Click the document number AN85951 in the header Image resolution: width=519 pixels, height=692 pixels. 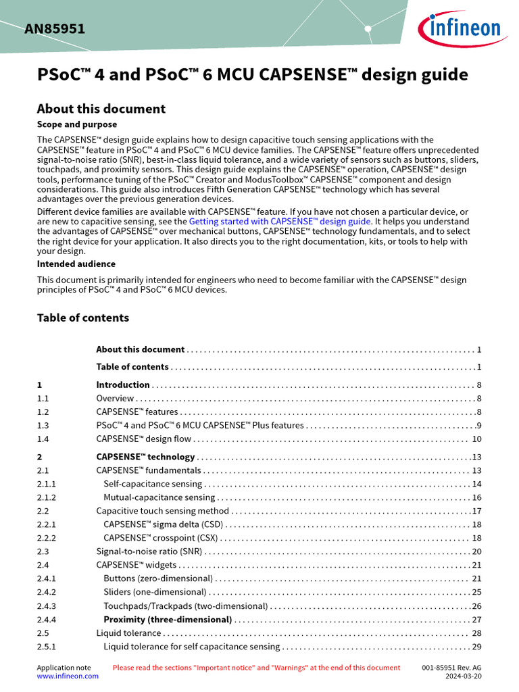pyautogui.click(x=55, y=29)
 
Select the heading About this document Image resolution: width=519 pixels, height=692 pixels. pyautogui.click(x=101, y=109)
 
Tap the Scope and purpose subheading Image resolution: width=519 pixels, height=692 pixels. pyautogui.click(x=76, y=124)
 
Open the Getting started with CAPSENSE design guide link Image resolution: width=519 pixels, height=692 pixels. pyautogui.click(x=280, y=221)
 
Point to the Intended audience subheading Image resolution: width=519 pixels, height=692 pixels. pyautogui.click(x=76, y=264)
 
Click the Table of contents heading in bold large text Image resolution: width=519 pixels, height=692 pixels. pyautogui.click(x=82, y=318)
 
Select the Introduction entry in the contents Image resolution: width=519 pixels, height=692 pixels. pyautogui.click(x=123, y=385)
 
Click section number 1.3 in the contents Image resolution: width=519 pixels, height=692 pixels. pyautogui.click(x=43, y=426)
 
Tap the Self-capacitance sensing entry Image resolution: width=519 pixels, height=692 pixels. pyautogui.click(x=153, y=484)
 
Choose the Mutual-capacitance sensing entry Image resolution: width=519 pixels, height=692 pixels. pyautogui.click(x=159, y=497)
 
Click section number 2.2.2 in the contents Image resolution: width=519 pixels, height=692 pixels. pyautogui.click(x=47, y=538)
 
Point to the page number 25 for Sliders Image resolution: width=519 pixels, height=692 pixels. pyautogui.click(x=476, y=592)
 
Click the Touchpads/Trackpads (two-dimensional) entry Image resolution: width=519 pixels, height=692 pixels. pyautogui.click(x=185, y=606)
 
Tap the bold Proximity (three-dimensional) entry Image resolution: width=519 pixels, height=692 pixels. pyautogui.click(x=168, y=620)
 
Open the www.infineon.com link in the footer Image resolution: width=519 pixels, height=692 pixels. pyautogui.click(x=68, y=676)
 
